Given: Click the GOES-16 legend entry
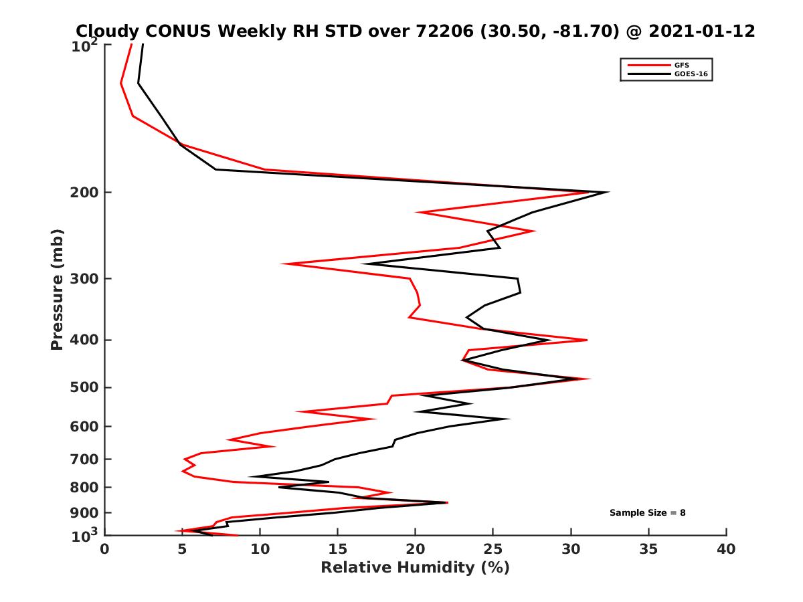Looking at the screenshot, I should pos(690,74).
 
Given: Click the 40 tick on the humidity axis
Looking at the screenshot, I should pos(726,549).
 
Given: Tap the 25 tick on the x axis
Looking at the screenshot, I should pos(493,549).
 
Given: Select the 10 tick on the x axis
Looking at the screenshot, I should pos(260,549).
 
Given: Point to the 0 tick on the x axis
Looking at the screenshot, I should pos(105,549).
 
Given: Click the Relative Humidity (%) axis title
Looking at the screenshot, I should pos(415,568).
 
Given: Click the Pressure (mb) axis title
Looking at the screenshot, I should pos(57,289).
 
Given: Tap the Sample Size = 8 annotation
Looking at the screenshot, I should pos(647,513).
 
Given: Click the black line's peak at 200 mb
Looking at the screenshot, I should pos(608,193).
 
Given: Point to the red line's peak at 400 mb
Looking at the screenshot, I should pos(587,340).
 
